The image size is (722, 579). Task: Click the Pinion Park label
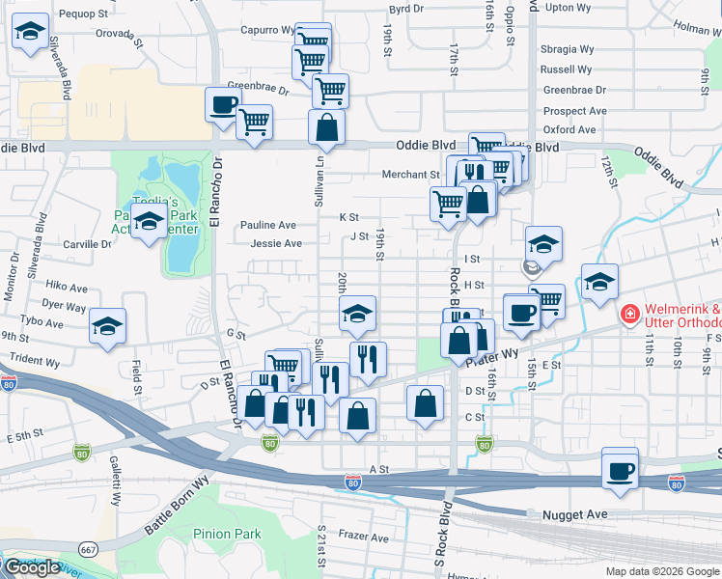click(x=227, y=534)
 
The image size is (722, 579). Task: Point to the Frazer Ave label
click(x=364, y=538)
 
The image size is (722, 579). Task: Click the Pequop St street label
click(x=83, y=14)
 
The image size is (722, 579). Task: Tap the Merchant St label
click(x=410, y=175)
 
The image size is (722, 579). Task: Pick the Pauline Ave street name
click(x=268, y=225)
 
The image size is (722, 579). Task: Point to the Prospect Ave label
click(x=574, y=111)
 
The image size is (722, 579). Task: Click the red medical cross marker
click(x=629, y=315)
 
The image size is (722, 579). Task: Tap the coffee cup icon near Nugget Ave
click(x=620, y=470)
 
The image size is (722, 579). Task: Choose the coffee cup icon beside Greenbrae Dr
click(x=223, y=104)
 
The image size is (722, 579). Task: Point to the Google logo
click(x=31, y=567)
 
